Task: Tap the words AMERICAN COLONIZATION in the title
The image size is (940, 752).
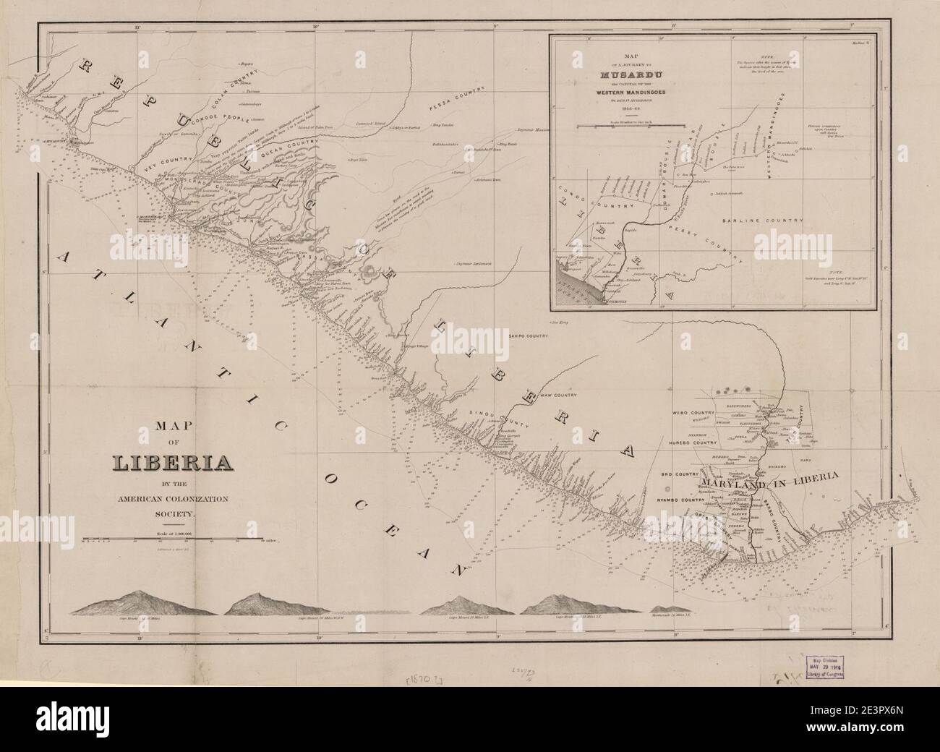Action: click(172, 499)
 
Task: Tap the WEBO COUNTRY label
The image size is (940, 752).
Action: click(693, 413)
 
